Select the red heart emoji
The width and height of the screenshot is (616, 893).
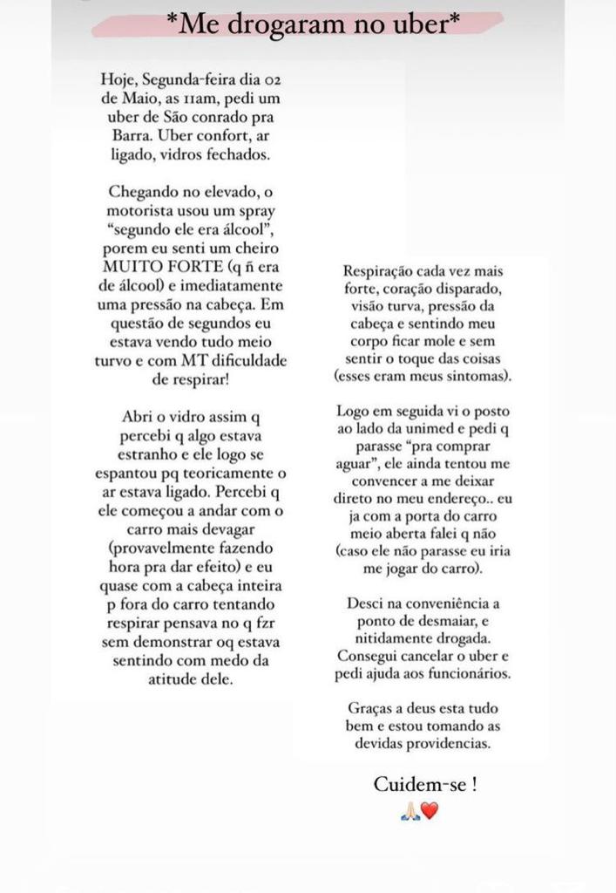430,810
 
